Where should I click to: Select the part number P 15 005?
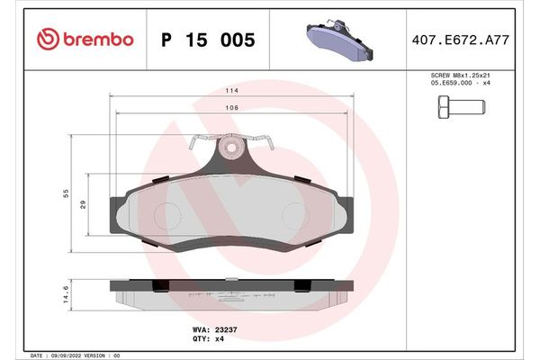click(207, 40)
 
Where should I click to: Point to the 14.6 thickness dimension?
click(67, 294)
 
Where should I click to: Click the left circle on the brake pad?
click(167, 212)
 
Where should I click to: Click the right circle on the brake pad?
click(298, 212)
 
